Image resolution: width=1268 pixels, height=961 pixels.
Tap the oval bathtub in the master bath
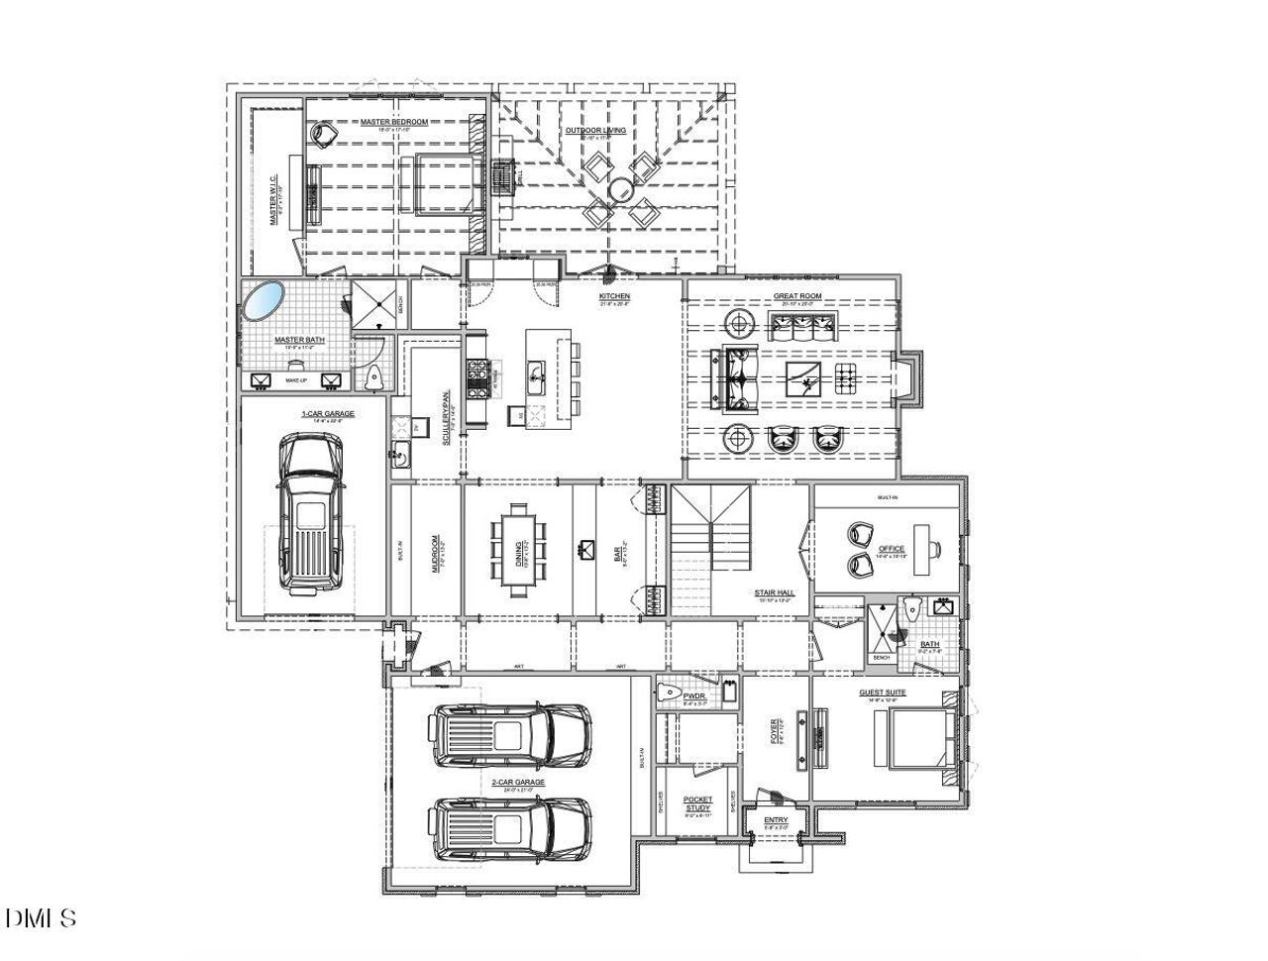tap(264, 301)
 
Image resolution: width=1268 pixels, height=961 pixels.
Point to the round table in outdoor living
tap(621, 188)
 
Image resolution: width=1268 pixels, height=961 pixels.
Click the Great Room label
tap(797, 297)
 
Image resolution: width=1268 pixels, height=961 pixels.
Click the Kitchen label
tap(614, 296)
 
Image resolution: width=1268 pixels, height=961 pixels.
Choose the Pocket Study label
tap(698, 803)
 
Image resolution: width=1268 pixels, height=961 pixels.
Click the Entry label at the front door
tap(776, 819)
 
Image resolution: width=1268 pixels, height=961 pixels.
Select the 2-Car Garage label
tap(518, 783)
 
